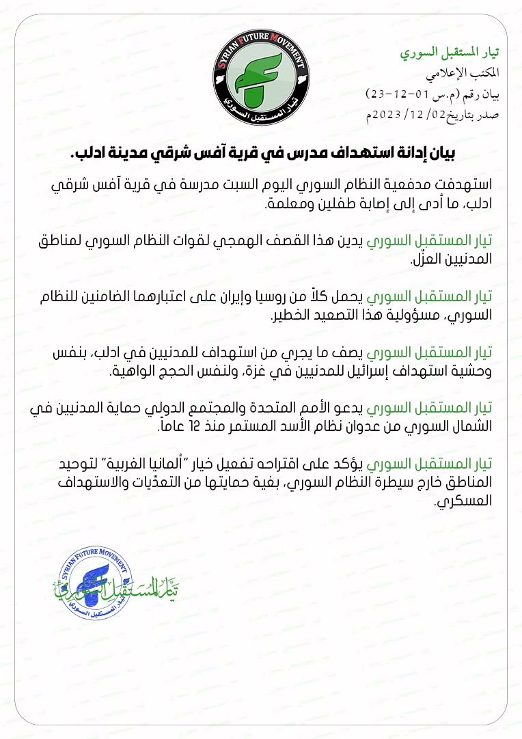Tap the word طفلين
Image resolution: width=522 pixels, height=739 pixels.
click(x=325, y=204)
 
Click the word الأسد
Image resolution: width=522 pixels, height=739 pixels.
click(x=286, y=428)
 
